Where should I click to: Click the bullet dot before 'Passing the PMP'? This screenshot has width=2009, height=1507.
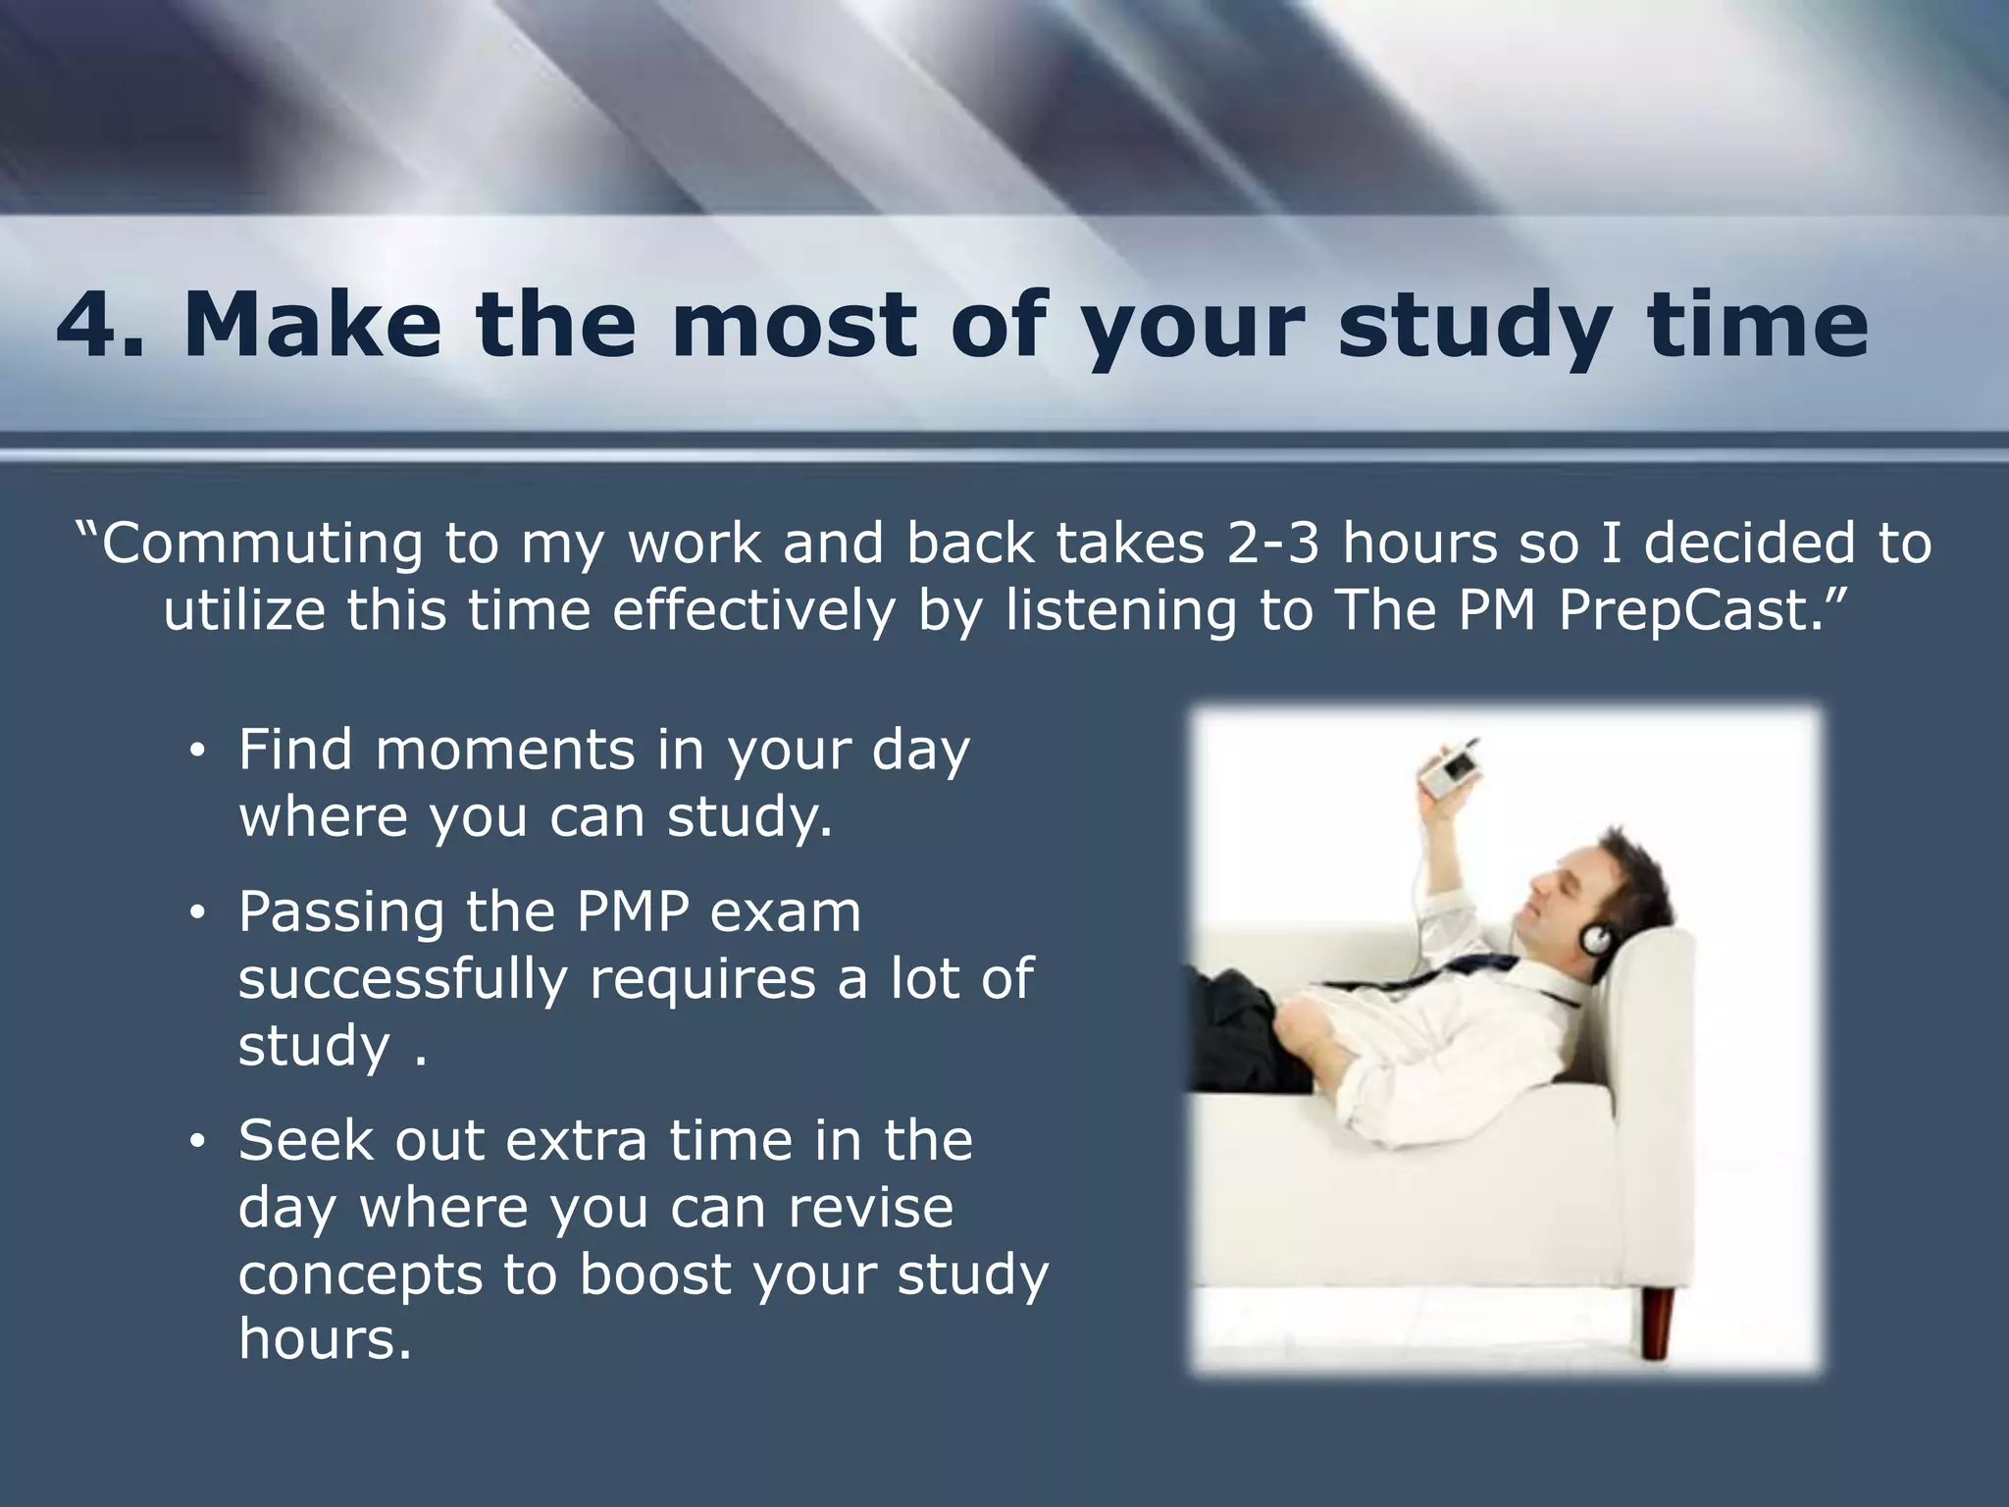tap(196, 915)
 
